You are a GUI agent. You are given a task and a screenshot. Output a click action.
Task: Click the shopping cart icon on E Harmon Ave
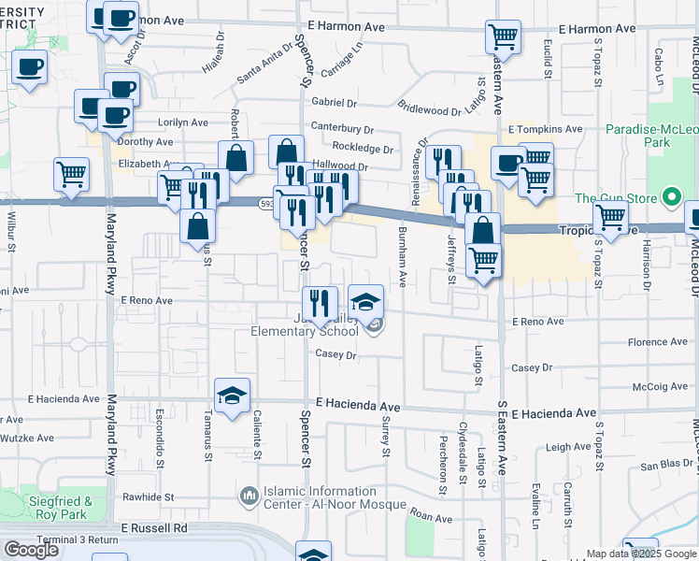click(x=503, y=37)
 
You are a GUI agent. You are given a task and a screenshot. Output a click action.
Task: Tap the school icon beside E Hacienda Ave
click(x=232, y=395)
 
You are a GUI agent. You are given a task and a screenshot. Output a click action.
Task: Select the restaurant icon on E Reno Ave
click(x=321, y=301)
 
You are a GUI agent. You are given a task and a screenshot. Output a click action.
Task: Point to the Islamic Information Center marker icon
click(x=250, y=495)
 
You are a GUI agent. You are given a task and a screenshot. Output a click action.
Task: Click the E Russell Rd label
click(x=154, y=528)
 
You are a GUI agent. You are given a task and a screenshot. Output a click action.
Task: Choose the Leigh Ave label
click(x=568, y=447)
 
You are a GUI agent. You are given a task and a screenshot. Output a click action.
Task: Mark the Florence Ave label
click(x=658, y=342)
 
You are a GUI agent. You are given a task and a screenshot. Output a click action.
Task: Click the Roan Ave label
click(x=431, y=516)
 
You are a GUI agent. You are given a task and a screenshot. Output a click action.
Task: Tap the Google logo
click(x=31, y=550)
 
